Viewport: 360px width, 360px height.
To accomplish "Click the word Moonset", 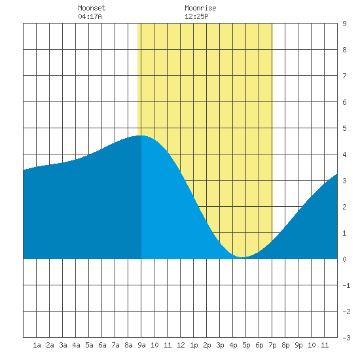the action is click(92, 8).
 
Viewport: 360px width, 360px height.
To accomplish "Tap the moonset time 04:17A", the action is click(90, 16).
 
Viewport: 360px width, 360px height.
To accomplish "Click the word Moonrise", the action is click(200, 8).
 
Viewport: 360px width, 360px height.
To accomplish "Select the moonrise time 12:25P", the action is click(196, 16).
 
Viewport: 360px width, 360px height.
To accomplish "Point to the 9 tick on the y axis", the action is click(344, 24).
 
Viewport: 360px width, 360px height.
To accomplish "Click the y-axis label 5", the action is click(344, 128).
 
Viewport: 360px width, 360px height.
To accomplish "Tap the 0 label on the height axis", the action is click(344, 259).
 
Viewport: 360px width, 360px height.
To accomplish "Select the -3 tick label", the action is click(346, 338).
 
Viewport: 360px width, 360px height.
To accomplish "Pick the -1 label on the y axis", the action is click(346, 285).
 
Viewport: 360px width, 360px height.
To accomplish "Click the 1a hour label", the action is click(37, 345).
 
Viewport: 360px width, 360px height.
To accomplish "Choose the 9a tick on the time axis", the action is click(141, 345).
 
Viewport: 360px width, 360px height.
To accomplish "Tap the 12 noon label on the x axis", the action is click(181, 345).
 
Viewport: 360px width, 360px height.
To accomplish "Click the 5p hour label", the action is click(246, 345).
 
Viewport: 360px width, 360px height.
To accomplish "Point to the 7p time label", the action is click(272, 345).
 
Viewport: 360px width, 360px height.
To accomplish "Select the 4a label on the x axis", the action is click(76, 345).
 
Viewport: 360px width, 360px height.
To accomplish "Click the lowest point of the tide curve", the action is click(242, 257).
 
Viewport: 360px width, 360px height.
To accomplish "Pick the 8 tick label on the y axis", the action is click(344, 50).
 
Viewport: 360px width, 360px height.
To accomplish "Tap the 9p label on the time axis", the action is click(298, 345).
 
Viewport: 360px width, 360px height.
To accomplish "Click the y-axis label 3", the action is click(344, 181).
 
